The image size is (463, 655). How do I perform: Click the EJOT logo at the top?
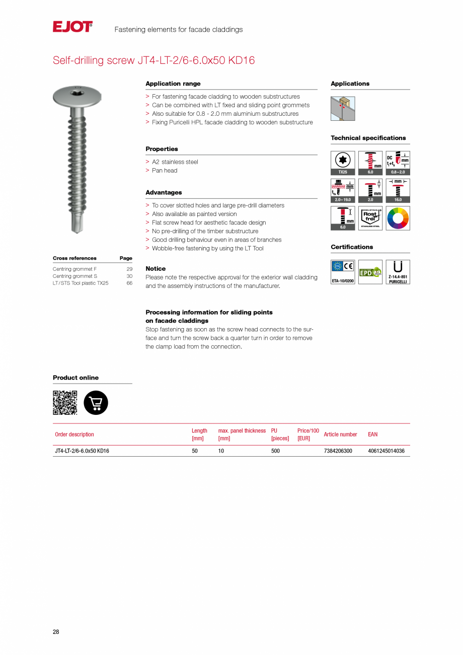pyautogui.click(x=72, y=27)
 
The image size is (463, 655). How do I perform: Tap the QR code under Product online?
pyautogui.click(x=65, y=403)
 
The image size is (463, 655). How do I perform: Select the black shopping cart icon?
pyautogui.click(x=96, y=403)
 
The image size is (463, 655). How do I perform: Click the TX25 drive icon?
pyautogui.click(x=343, y=162)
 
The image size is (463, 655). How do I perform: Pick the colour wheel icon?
pyautogui.click(x=398, y=218)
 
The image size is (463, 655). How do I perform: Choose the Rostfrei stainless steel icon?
pyautogui.click(x=370, y=218)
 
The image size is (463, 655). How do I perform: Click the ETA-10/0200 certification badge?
pyautogui.click(x=343, y=272)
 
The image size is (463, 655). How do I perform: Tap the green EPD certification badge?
pyautogui.click(x=370, y=272)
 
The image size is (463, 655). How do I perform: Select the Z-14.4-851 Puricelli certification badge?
pyautogui.click(x=398, y=272)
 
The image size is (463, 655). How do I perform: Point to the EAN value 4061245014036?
pyautogui.click(x=386, y=451)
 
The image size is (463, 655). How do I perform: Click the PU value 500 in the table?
pyautogui.click(x=275, y=451)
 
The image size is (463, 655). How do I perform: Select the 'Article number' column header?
pyautogui.click(x=341, y=434)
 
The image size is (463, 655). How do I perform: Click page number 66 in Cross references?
pyautogui.click(x=129, y=283)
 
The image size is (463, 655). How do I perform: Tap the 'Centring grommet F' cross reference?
pyautogui.click(x=74, y=269)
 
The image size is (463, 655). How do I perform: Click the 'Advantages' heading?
pyautogui.click(x=164, y=192)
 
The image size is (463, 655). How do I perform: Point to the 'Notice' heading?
pyautogui.click(x=156, y=269)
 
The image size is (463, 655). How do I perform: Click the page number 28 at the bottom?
pyautogui.click(x=56, y=632)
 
